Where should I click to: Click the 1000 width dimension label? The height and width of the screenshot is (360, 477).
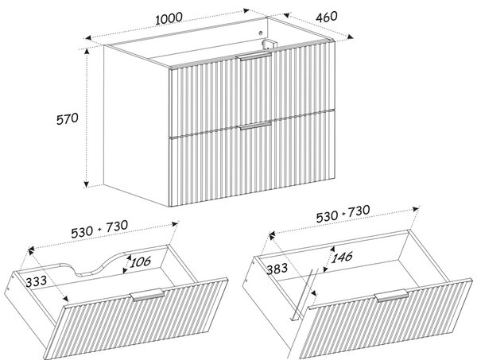coord(169,18)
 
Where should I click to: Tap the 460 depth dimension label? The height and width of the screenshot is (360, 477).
coord(327,17)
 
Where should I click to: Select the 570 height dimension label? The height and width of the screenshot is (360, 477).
coord(68,118)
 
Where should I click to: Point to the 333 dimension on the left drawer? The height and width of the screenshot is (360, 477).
coord(37,281)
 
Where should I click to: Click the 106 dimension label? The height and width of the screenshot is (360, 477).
coord(140,261)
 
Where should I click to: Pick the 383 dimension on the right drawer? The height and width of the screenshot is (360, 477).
coord(277,269)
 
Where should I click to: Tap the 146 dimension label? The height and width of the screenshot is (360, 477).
coord(342,257)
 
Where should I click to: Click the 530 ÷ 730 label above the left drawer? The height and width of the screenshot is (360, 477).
coord(99,229)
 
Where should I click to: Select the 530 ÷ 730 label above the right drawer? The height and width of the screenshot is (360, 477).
coord(343,214)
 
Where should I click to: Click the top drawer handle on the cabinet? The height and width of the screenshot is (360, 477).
coord(254,57)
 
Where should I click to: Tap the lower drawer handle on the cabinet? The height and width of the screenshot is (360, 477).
coord(255,126)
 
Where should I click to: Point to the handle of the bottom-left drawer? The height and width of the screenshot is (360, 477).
coord(147,295)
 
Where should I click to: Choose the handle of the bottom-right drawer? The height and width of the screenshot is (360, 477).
coord(391,296)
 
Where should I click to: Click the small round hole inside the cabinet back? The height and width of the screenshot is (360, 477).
coord(261,33)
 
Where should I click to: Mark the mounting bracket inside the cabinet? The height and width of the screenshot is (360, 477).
coord(269,44)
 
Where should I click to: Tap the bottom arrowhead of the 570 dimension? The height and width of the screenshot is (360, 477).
coord(87,184)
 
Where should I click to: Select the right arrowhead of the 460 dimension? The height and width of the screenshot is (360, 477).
coord(350,37)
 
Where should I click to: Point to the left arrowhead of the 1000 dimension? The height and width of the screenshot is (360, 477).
coord(88,37)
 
